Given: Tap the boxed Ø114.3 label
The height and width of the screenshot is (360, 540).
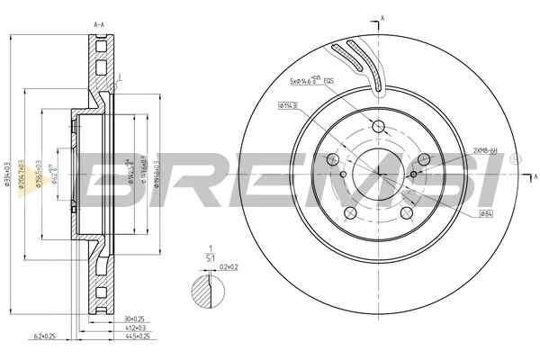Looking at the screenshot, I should point(289,106).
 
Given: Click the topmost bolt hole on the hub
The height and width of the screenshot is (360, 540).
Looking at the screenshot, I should point(378,126).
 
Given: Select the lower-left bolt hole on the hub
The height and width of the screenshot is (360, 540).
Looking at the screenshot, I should point(349,213).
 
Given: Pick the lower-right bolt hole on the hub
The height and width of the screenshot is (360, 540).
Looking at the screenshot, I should point(406,213).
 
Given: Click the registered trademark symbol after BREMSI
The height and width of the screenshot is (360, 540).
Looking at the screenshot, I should point(514,158).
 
